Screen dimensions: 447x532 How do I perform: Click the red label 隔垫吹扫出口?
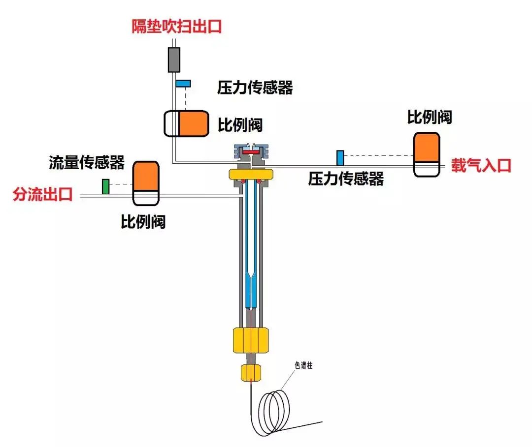[x=176, y=26]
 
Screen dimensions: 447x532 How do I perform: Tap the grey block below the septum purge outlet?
[x=174, y=60]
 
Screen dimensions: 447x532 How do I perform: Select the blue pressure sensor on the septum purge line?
[x=183, y=83]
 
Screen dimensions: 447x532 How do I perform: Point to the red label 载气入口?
[x=481, y=165]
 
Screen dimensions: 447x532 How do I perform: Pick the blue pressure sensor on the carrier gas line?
[x=340, y=158]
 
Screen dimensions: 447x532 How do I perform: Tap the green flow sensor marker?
[x=105, y=186]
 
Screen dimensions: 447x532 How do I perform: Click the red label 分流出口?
[x=43, y=195]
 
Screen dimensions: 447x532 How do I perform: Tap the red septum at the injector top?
[x=251, y=153]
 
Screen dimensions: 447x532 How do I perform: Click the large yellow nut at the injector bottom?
[x=251, y=340]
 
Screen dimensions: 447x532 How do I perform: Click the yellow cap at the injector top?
[x=251, y=174]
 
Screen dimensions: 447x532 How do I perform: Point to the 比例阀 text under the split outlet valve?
[x=143, y=222]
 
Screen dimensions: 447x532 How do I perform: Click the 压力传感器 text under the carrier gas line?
[x=346, y=179]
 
